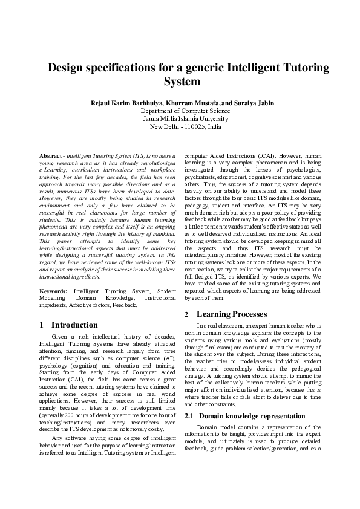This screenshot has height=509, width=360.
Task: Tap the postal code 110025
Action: (193, 127)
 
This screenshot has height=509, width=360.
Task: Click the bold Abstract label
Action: (51, 156)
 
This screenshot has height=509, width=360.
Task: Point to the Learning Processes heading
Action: (232, 314)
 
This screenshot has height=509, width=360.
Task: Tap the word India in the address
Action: (213, 127)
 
